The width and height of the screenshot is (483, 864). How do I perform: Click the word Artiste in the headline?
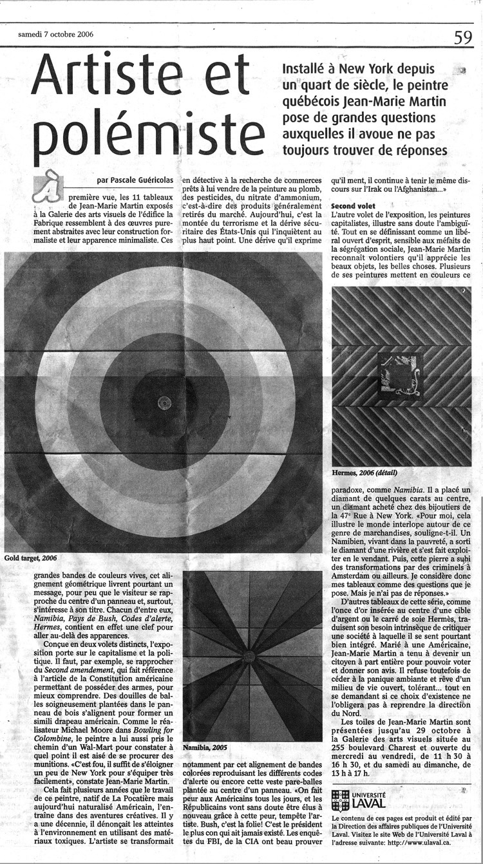click(140, 76)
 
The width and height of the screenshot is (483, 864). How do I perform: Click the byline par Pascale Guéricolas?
click(134, 181)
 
